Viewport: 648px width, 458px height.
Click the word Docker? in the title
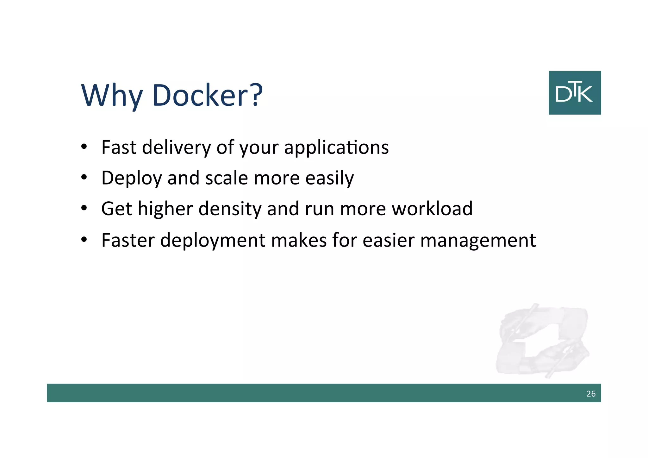pyautogui.click(x=207, y=95)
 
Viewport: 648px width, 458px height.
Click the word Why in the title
pyautogui.click(x=111, y=95)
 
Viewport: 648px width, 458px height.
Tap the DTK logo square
pyautogui.click(x=575, y=92)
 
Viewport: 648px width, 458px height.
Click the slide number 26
pyautogui.click(x=591, y=394)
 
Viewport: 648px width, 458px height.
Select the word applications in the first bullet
pyautogui.click(x=336, y=147)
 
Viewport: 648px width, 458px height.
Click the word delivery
pyautogui.click(x=177, y=147)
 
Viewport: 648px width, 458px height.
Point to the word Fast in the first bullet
pyautogui.click(x=119, y=147)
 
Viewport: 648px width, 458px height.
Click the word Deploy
pyautogui.click(x=131, y=178)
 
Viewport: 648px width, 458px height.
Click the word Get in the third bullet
pyautogui.click(x=116, y=209)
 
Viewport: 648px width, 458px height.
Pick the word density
pyautogui.click(x=230, y=209)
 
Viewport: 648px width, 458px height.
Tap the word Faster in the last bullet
pyautogui.click(x=128, y=240)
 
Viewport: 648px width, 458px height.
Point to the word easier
pyautogui.click(x=388, y=240)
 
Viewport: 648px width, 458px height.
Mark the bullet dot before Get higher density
pyautogui.click(x=84, y=208)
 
